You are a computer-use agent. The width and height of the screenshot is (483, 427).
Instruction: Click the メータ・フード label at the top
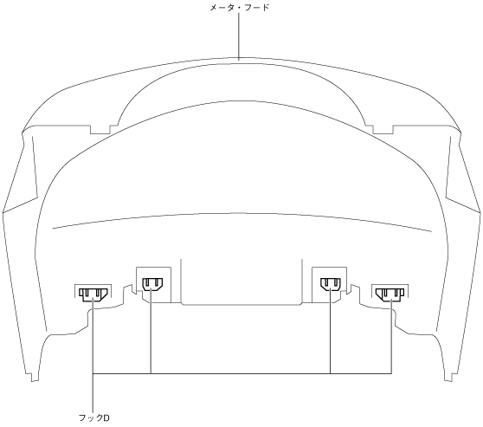tap(240, 8)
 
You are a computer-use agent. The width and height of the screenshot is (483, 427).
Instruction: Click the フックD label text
tap(94, 417)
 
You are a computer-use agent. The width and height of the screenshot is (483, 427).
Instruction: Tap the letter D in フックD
tap(106, 418)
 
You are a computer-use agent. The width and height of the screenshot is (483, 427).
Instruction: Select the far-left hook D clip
tap(93, 294)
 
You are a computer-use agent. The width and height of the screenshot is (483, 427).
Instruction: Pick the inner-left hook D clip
tap(152, 284)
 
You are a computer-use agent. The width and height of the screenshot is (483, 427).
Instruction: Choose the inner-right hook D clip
tap(330, 284)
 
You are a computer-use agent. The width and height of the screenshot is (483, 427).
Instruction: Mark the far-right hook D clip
tap(390, 294)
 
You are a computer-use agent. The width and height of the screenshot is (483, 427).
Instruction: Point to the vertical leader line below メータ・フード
tap(239, 36)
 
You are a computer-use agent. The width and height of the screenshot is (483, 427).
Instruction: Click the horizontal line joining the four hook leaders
tap(242, 373)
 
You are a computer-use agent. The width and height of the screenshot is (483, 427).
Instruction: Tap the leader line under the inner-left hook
tap(151, 332)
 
